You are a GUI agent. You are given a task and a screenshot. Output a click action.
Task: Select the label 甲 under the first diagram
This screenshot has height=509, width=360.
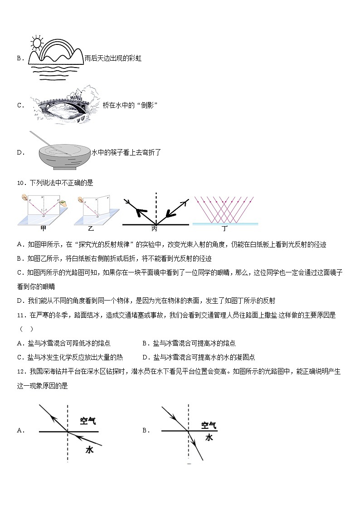click(44, 228)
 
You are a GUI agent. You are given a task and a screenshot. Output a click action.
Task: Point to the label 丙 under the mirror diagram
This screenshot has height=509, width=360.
click(155, 228)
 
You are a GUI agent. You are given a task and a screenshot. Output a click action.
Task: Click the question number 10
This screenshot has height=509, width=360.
click(20, 183)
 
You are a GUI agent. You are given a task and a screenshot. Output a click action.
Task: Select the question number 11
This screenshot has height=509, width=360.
click(20, 315)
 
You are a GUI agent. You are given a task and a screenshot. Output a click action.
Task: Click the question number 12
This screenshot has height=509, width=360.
click(20, 371)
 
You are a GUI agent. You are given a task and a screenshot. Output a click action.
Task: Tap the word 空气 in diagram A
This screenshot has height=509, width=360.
click(88, 421)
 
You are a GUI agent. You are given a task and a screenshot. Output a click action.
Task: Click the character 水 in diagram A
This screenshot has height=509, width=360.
click(89, 449)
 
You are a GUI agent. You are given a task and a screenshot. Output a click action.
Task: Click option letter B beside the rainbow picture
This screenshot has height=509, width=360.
click(20, 58)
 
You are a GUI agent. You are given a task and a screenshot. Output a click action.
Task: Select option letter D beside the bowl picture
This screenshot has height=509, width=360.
click(20, 152)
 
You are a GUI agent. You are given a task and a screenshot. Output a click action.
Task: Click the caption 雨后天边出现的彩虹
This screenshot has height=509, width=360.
click(113, 58)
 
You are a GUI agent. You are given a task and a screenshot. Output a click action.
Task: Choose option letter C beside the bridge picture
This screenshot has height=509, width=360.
click(20, 105)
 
